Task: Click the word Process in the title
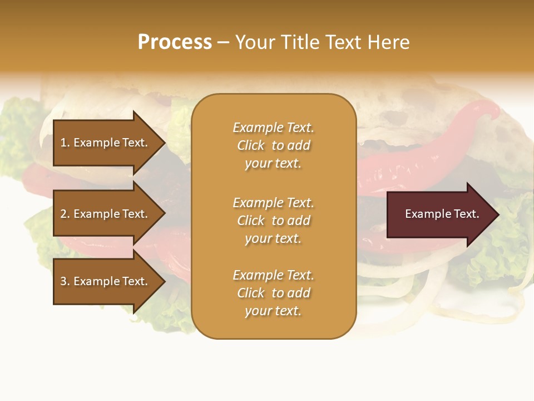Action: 175,42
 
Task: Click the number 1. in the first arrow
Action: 65,143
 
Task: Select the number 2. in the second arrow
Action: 65,214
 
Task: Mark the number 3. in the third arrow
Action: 65,281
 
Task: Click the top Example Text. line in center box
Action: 273,128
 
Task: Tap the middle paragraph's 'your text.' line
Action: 273,238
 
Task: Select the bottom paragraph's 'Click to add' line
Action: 273,293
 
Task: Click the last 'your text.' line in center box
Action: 273,311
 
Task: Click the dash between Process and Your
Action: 223,43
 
